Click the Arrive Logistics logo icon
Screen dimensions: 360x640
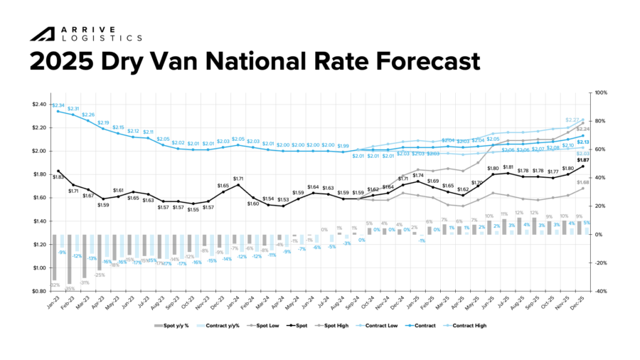[43, 33]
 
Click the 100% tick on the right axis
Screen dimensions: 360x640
[601, 92]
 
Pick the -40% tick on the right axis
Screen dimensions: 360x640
[601, 291]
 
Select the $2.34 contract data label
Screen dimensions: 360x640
[58, 105]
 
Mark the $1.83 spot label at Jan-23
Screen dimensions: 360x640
[58, 177]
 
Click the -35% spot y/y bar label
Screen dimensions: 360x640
[69, 289]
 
